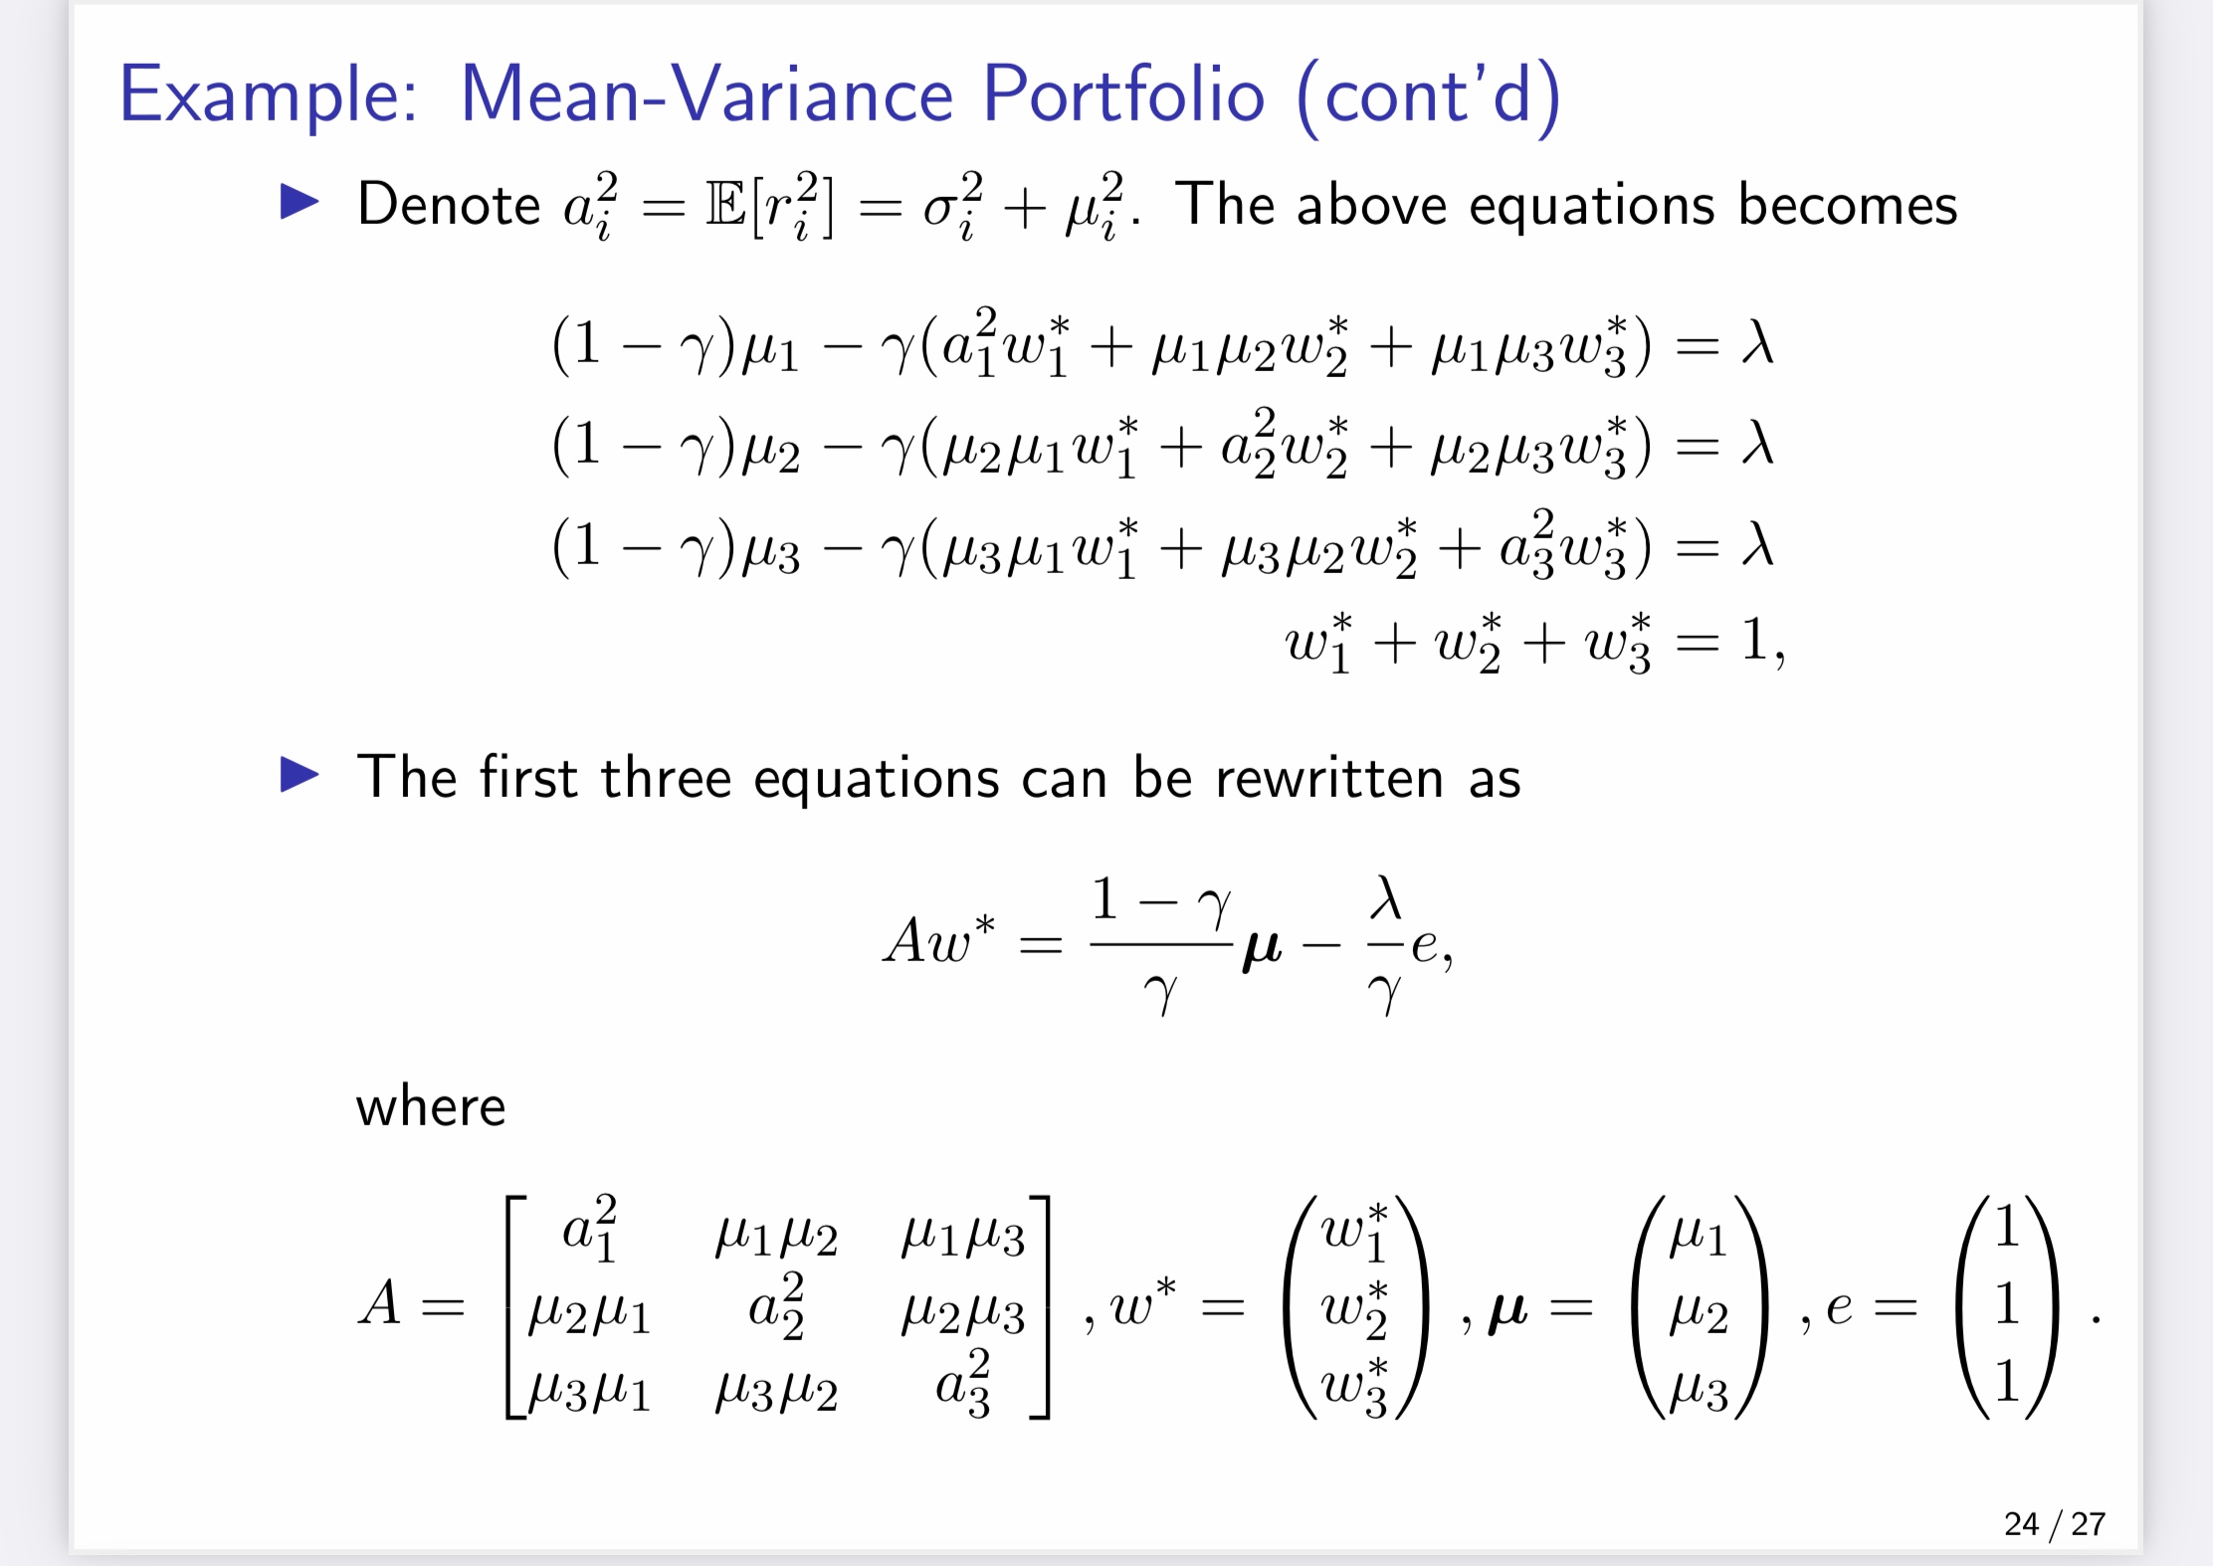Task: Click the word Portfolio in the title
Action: (1123, 95)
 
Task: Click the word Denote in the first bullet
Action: (449, 205)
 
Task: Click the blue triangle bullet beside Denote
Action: (300, 202)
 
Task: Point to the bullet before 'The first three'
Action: (300, 775)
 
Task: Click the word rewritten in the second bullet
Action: (1328, 778)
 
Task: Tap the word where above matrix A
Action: (431, 1107)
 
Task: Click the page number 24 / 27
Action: (2054, 1523)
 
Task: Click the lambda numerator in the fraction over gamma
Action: (1385, 898)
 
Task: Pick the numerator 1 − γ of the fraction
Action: (1160, 900)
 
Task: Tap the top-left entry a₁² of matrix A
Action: (590, 1229)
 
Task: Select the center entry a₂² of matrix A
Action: (776, 1306)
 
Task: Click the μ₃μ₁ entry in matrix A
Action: (589, 1390)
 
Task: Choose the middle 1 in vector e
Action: (2006, 1304)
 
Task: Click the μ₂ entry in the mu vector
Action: (1699, 1312)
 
